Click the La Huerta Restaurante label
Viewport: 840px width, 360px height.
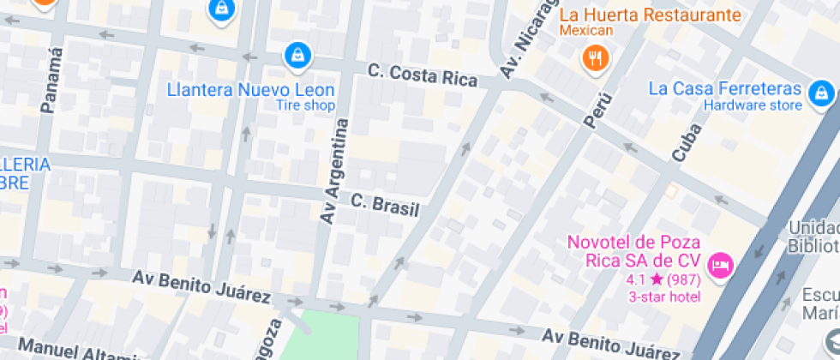[x=650, y=15]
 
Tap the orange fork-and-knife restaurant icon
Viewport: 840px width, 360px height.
[x=594, y=57]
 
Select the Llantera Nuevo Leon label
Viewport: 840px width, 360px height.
[x=250, y=89]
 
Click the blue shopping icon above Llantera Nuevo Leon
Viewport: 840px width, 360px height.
[x=297, y=55]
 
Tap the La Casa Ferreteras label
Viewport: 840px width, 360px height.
[x=724, y=89]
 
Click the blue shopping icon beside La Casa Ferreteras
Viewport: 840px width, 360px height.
[x=821, y=91]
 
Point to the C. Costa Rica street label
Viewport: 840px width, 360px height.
[x=422, y=75]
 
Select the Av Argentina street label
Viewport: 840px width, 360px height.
[x=334, y=171]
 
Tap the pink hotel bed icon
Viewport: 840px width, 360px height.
[x=720, y=262]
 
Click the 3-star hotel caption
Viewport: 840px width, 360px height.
[x=663, y=297]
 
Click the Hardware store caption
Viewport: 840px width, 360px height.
[x=753, y=105]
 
